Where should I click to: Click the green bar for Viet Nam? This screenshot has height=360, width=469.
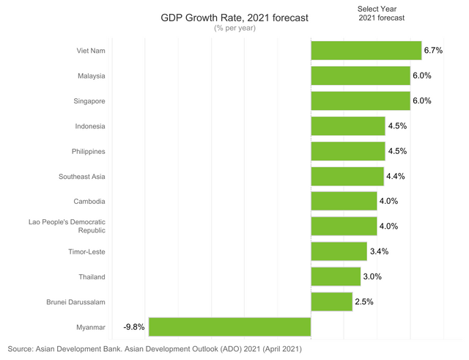(366, 51)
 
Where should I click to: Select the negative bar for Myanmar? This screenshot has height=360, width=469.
(229, 326)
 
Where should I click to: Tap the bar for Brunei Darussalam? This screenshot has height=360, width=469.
(331, 301)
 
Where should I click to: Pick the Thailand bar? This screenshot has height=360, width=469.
(336, 276)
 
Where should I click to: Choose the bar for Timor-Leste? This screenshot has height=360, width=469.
(339, 251)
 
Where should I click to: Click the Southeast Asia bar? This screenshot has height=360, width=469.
(347, 176)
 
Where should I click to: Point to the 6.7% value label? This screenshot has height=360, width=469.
(432, 51)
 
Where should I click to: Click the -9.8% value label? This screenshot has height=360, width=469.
(134, 326)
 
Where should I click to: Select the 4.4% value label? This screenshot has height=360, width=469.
(395, 176)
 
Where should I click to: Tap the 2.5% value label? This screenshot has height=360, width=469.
(364, 301)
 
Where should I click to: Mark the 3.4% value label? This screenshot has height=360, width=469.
(379, 251)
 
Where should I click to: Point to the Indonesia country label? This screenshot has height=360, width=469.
(90, 126)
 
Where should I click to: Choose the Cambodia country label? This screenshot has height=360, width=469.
(89, 201)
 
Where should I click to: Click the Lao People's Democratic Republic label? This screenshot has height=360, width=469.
(72, 226)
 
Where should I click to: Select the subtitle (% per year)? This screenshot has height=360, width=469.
(233, 28)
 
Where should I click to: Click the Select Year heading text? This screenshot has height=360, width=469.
(377, 8)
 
